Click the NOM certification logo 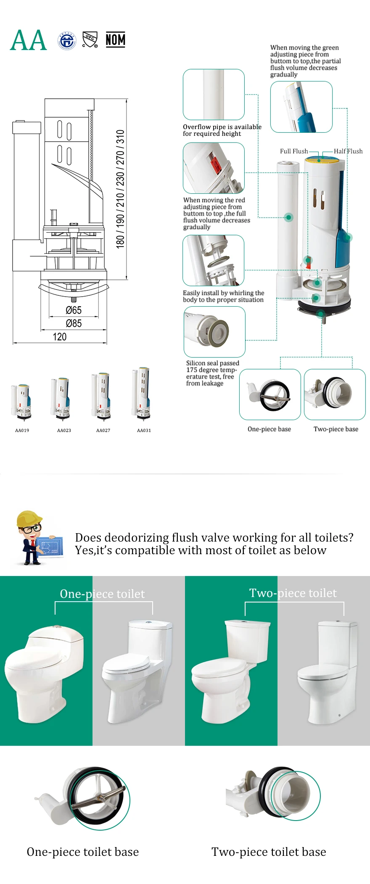click(115, 40)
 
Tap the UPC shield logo click(90, 39)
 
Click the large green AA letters click(28, 41)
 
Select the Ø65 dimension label click(74, 310)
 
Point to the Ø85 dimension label click(74, 324)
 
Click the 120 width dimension click(60, 337)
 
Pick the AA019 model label click(22, 430)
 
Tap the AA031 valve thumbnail click(142, 394)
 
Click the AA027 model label click(103, 430)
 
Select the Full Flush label click(293, 151)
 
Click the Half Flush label click(348, 151)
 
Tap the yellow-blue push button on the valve click(322, 160)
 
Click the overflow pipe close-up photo click(214, 95)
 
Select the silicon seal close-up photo click(214, 331)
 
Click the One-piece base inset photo click(270, 394)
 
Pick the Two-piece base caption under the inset click(336, 429)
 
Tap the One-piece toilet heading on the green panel click(102, 594)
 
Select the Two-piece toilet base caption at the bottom click(269, 852)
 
